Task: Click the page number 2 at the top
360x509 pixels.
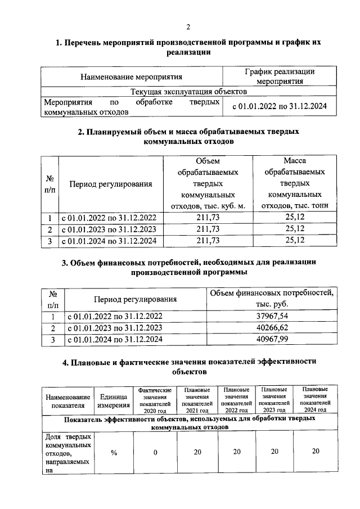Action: pos(188,26)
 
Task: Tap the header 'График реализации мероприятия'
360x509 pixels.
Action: pos(280,76)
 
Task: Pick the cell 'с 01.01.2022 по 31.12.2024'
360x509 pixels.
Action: pos(280,105)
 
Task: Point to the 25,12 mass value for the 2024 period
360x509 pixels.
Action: pos(295,240)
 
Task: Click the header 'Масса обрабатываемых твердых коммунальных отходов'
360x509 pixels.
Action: pos(295,183)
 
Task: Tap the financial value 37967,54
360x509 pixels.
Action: pos(272,317)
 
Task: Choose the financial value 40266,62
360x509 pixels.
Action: pos(272,328)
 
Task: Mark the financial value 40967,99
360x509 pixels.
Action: pos(272,339)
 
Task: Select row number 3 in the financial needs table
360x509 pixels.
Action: pos(52,339)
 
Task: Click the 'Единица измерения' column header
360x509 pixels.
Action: pos(114,400)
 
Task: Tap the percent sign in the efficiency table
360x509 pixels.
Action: pos(114,452)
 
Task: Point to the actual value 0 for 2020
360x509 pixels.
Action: pos(155,452)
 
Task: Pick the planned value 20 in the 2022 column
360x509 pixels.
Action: pos(237,452)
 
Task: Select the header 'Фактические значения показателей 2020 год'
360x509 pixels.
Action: pos(155,400)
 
